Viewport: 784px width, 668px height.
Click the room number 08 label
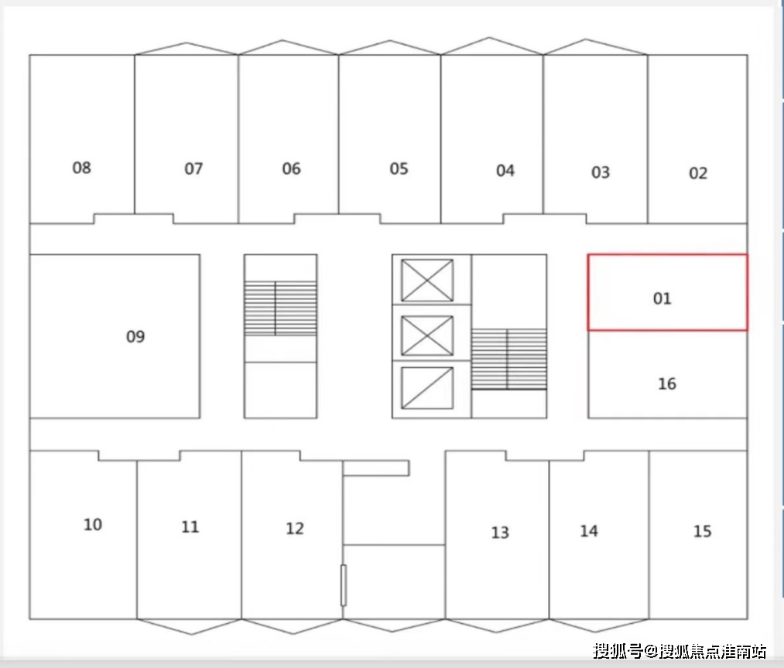tap(81, 167)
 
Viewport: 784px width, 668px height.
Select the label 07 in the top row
tap(193, 168)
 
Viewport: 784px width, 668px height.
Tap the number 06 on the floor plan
tap(291, 169)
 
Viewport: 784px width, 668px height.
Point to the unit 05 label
tap(399, 169)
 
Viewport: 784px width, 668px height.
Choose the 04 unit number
tap(505, 170)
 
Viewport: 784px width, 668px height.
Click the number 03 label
tap(601, 172)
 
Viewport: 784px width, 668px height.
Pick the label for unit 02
tap(698, 173)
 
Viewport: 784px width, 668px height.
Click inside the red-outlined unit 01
tap(666, 292)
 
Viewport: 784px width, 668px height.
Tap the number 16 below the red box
tap(666, 383)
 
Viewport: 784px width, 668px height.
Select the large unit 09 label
tap(135, 336)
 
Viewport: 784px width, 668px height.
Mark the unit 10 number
tap(93, 525)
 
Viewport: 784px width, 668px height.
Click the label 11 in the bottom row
tap(190, 527)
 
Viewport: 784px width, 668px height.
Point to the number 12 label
tap(295, 529)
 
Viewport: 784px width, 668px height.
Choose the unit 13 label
tap(500, 533)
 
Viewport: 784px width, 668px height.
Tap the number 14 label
tap(589, 531)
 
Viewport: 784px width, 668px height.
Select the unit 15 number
tap(702, 532)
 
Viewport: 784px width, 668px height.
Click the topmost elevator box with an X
tap(427, 280)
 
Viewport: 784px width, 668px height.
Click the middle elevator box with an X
tap(427, 336)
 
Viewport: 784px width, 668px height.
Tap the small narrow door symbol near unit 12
tap(344, 585)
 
